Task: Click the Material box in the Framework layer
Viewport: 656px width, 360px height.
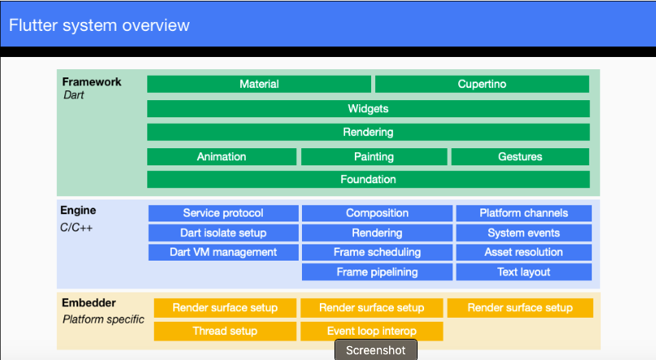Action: click(x=259, y=84)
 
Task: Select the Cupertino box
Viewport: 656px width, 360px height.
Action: click(x=482, y=84)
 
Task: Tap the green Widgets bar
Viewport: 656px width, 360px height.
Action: click(x=368, y=109)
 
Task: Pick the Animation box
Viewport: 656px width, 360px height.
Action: click(x=221, y=156)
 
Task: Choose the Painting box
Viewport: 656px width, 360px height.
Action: click(x=374, y=156)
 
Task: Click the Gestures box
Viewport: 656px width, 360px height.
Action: click(x=520, y=156)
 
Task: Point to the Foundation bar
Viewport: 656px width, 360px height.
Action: click(x=368, y=179)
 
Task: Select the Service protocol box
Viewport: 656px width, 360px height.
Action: click(x=223, y=213)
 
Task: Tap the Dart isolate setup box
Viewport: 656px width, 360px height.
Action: click(x=223, y=233)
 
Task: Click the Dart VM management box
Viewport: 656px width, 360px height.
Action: click(x=223, y=252)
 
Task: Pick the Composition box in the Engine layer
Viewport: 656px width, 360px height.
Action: click(x=377, y=213)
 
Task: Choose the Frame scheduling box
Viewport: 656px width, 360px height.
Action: click(x=377, y=252)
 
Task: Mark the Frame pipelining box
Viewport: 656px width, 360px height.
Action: click(x=377, y=272)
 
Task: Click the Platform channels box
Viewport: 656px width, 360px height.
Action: click(x=524, y=213)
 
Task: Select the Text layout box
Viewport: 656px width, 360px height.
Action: click(x=524, y=272)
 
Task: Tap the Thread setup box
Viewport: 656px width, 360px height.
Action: click(x=225, y=331)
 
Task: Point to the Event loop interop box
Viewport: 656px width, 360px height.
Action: click(x=372, y=331)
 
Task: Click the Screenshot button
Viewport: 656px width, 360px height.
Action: click(x=376, y=350)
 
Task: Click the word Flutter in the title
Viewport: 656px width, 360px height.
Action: click(x=33, y=25)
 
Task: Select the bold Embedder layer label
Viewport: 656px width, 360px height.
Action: click(x=89, y=303)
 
